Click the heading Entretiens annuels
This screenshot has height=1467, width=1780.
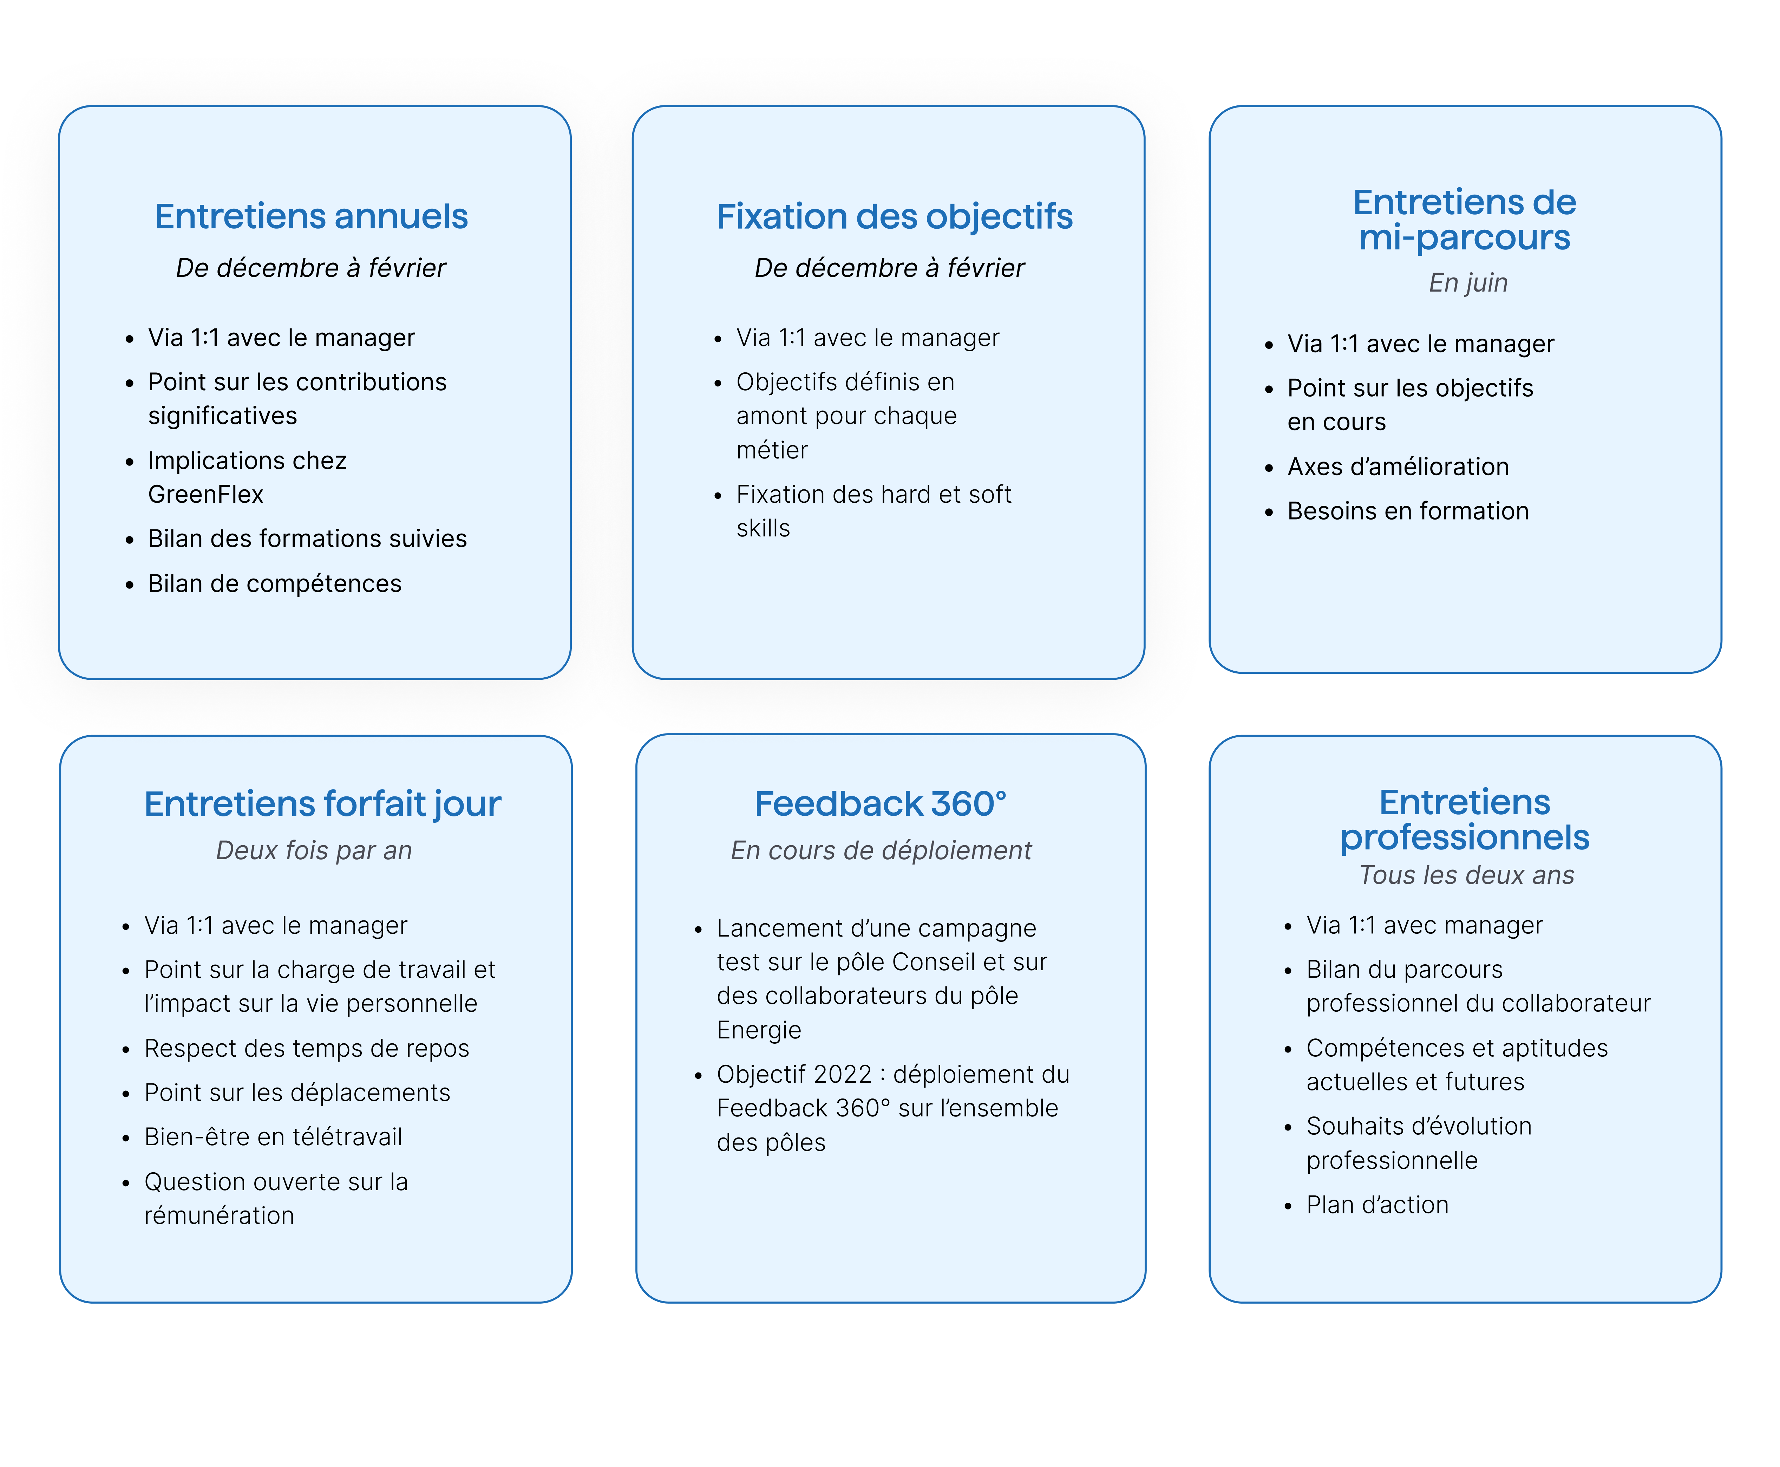311,216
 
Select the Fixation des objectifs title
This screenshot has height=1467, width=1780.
894,216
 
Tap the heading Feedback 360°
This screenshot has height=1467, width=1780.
880,804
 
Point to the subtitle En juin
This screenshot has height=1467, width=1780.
1467,282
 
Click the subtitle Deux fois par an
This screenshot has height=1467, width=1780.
313,850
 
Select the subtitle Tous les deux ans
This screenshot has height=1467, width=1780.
1466,875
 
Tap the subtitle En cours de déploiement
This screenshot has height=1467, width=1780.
880,850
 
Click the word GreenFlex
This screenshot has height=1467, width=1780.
205,494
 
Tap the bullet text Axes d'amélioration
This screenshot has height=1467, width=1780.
1397,467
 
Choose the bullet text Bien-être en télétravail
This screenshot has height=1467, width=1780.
273,1136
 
